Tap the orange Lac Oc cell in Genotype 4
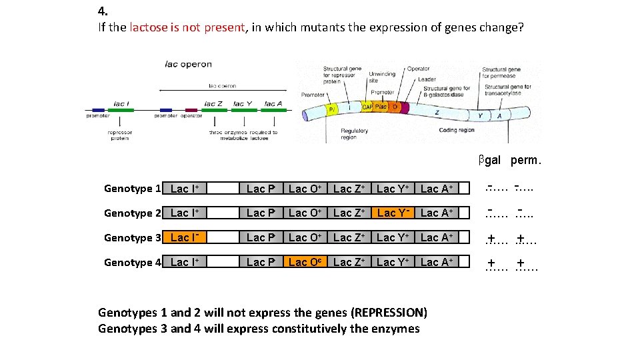306,263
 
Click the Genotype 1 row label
132,189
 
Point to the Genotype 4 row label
132,263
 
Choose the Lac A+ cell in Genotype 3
437,238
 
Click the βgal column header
489,160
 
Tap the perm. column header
526,160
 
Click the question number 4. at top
103,11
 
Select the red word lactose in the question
153,28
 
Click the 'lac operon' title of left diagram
188,64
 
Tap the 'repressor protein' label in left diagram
120,135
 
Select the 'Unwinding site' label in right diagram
382,77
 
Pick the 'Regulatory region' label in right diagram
354,134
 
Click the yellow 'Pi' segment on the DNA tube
331,109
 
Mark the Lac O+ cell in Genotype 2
306,213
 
